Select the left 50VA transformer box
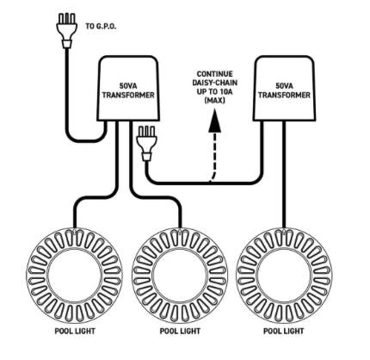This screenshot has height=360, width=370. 128,87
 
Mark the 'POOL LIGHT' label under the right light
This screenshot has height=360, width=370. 284,331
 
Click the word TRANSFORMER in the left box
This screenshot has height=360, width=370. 128,96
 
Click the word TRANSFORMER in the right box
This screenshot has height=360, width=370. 284,95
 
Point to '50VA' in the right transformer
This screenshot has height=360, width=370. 284,86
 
